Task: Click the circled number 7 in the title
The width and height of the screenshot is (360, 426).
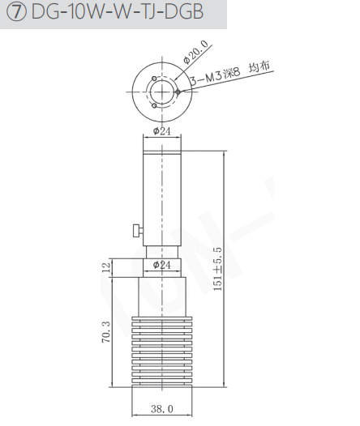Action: click(16, 12)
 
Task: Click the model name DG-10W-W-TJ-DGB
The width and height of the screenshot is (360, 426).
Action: click(118, 12)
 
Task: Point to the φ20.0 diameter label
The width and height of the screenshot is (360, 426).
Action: click(195, 52)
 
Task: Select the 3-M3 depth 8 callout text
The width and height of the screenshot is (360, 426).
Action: click(215, 76)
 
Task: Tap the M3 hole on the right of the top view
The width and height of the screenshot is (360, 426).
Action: click(178, 92)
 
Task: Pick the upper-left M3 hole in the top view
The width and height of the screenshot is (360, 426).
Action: click(154, 79)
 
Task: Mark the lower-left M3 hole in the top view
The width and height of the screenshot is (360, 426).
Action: click(154, 105)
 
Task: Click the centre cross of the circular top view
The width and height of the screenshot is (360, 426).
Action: click(162, 92)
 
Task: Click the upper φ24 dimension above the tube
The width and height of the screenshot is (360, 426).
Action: click(162, 131)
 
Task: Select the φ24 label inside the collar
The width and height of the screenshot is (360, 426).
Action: click(162, 265)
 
